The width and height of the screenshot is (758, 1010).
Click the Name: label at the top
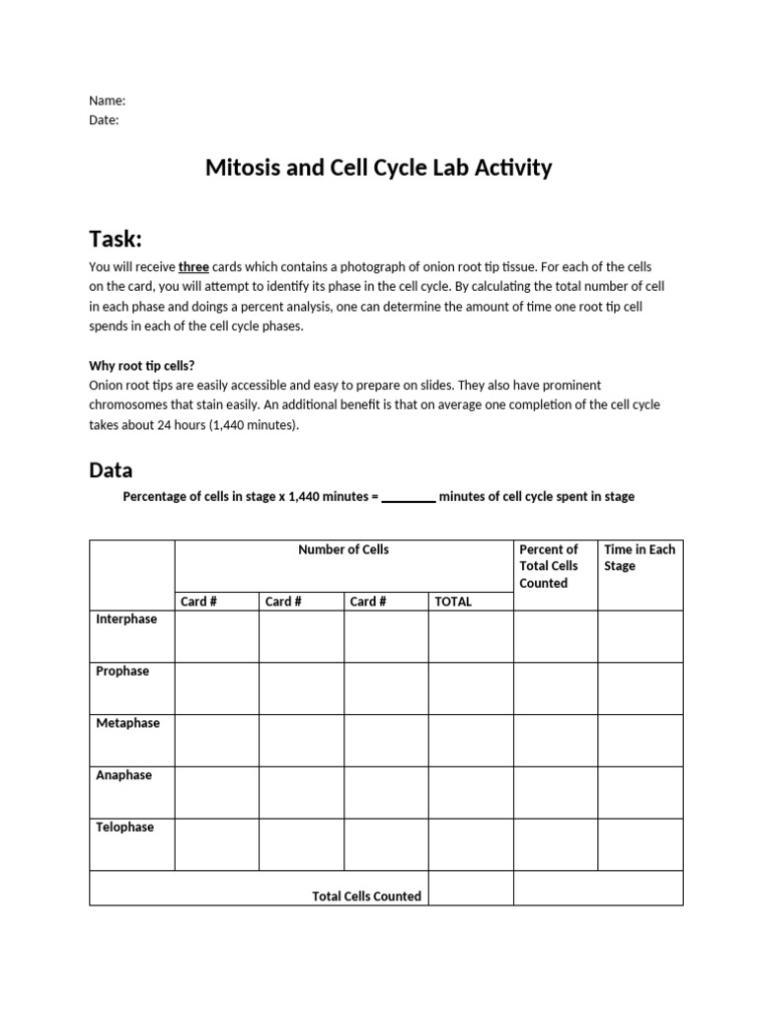(107, 101)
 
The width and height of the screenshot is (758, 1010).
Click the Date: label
(104, 119)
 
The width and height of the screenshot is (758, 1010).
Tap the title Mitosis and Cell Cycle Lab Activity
(378, 168)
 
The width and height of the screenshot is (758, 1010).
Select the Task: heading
(115, 239)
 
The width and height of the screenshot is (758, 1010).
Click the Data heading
(111, 470)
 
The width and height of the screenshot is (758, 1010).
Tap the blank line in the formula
(409, 497)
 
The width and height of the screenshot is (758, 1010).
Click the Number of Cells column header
(343, 549)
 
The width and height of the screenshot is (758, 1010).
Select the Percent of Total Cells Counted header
(549, 566)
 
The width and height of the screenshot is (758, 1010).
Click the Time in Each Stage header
(640, 557)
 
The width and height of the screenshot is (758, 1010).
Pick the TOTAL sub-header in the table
(453, 602)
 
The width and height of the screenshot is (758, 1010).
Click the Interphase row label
(126, 619)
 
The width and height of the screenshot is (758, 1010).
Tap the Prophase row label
(122, 672)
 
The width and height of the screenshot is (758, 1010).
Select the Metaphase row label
(127, 723)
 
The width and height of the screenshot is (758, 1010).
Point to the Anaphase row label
(123, 775)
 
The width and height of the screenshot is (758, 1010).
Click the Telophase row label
(124, 828)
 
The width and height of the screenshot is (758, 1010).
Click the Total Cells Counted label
(366, 897)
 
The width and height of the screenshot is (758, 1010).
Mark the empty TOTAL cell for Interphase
(471, 636)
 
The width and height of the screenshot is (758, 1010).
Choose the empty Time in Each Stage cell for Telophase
(640, 844)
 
